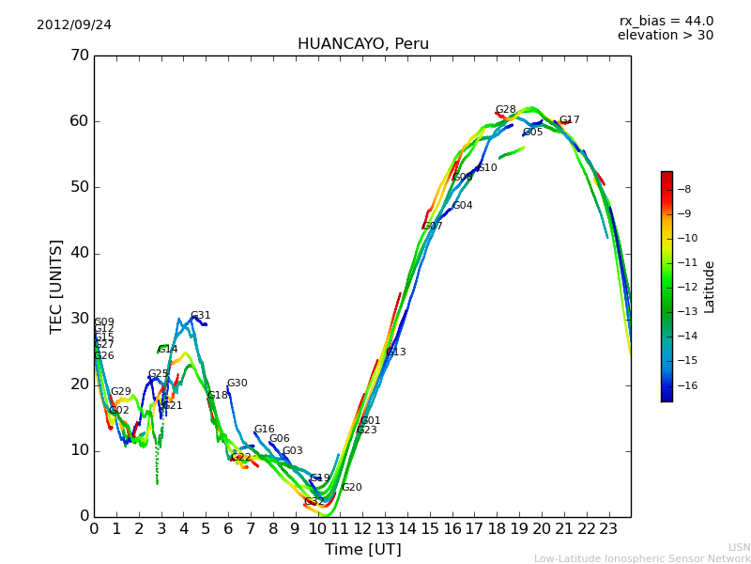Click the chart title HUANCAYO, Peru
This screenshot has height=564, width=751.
point(362,44)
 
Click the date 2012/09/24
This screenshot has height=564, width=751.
point(74,25)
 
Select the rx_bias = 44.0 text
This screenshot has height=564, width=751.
point(666,22)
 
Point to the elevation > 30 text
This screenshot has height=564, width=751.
point(665,36)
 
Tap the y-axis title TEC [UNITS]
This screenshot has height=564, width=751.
point(57,286)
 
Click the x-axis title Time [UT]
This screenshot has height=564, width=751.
point(362,550)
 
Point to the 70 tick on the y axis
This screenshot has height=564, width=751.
point(79,55)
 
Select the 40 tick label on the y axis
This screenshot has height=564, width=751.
point(79,253)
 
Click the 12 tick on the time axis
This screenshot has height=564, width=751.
point(362,529)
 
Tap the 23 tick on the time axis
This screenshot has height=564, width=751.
point(608,529)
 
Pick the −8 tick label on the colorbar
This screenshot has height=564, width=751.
point(683,189)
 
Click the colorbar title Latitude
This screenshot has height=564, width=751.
point(710,287)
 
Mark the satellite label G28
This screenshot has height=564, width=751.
point(506,110)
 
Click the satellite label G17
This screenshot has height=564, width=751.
point(570,120)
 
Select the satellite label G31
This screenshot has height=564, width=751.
point(201,316)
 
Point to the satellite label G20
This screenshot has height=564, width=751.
point(352,488)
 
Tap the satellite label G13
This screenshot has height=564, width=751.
point(396,352)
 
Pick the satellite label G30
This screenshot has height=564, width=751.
point(238,384)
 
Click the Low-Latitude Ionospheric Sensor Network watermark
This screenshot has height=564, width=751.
point(642,558)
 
